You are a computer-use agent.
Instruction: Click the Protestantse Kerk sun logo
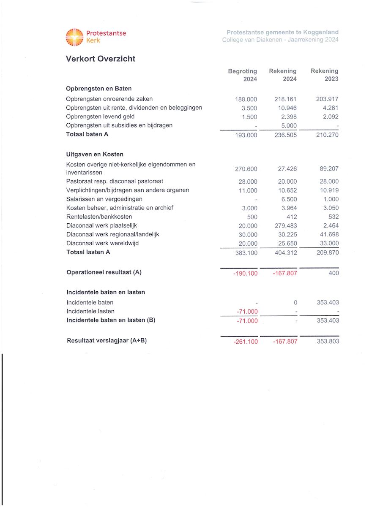click(74, 37)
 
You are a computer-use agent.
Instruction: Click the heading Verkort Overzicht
click(101, 59)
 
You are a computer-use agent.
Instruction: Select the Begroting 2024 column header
click(242, 75)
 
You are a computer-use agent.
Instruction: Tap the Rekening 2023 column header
click(324, 75)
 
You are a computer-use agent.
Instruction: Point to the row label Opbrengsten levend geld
click(100, 117)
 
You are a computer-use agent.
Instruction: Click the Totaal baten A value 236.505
click(284, 135)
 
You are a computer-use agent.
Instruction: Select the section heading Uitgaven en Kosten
click(95, 154)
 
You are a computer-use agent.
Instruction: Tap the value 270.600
click(246, 169)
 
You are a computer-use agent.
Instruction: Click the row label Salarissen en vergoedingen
click(104, 199)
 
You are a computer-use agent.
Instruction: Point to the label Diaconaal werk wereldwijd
click(102, 243)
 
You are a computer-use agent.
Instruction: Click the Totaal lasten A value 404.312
click(284, 253)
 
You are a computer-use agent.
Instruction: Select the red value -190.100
click(245, 273)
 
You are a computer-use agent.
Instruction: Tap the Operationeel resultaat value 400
click(333, 273)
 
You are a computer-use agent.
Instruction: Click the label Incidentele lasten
click(90, 311)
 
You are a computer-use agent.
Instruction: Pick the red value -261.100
click(245, 342)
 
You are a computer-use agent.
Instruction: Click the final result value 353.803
click(328, 341)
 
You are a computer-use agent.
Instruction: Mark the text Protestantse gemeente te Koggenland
click(282, 33)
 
